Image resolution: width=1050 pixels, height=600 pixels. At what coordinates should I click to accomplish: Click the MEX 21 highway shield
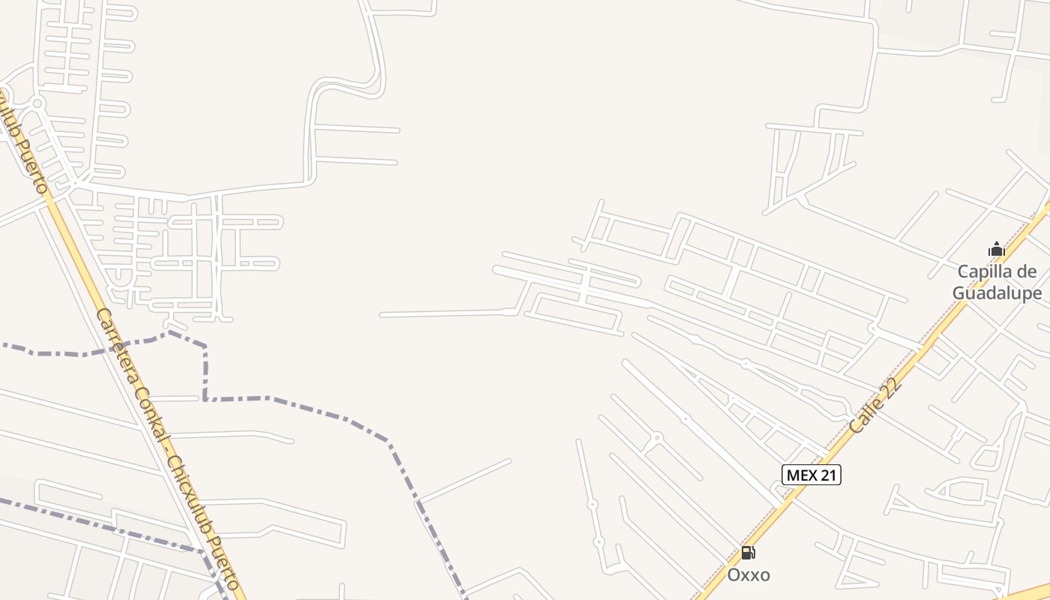(811, 475)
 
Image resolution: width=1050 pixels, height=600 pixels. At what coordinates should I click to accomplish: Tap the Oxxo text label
(748, 575)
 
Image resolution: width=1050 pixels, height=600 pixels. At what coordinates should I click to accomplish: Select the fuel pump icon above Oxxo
(748, 553)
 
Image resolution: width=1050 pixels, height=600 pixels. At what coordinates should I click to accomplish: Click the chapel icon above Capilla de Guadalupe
(996, 250)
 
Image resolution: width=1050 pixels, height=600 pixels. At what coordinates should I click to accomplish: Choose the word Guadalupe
(997, 293)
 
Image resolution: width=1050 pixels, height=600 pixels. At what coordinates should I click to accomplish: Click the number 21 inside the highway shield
(827, 475)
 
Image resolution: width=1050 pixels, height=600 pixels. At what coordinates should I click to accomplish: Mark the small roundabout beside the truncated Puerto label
(38, 103)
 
